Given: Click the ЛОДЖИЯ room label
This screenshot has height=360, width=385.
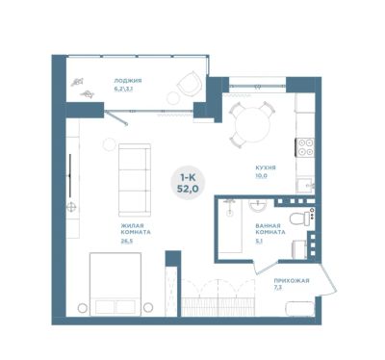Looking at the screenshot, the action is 128,81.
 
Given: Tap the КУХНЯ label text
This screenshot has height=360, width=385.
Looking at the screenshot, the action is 266,167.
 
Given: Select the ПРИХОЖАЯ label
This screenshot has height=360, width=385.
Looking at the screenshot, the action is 292,281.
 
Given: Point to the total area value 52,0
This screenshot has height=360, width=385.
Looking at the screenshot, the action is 188,189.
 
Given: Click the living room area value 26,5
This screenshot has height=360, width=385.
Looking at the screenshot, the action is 127,241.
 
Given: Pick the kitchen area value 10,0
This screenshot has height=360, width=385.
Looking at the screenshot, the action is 262,176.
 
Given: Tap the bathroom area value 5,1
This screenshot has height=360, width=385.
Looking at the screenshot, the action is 259,242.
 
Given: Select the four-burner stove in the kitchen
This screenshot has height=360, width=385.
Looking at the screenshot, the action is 304,147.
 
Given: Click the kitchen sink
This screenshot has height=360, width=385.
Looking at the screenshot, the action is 304,186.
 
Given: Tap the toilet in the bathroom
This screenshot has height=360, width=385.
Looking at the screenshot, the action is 300,219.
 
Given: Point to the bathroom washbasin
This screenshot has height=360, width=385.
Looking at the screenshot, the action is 258,205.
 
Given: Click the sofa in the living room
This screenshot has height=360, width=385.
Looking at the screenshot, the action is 135,180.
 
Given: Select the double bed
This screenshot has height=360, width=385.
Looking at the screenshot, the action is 115,284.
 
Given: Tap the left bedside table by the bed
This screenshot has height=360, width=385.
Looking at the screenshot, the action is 83,308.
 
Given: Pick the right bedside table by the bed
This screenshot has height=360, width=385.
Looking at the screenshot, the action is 148,308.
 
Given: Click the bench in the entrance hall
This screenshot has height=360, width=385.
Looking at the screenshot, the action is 300,309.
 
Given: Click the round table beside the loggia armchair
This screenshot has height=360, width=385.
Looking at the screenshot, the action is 174,97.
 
